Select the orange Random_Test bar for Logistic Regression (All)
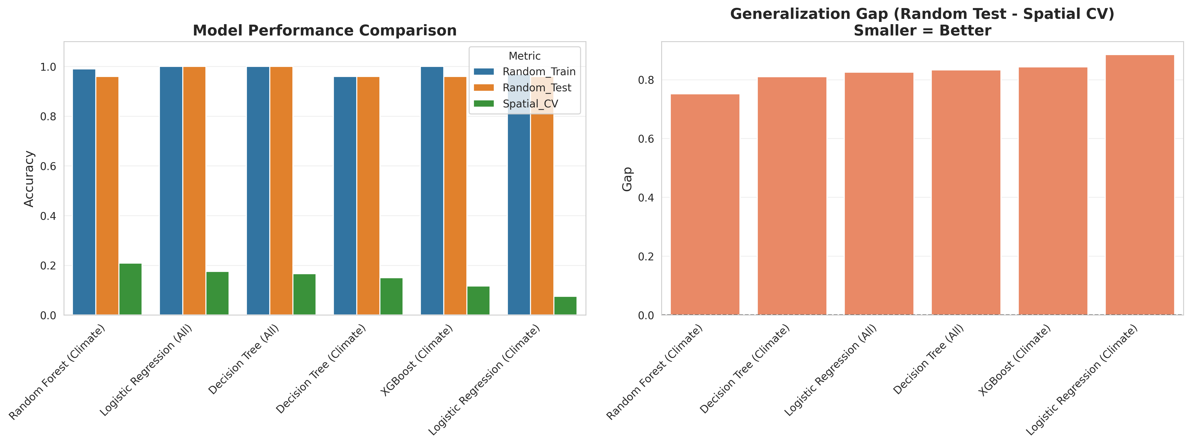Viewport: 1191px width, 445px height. (x=194, y=191)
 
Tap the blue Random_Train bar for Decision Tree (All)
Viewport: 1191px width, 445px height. (x=258, y=191)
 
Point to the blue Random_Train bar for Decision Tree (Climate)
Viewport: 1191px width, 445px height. (x=345, y=196)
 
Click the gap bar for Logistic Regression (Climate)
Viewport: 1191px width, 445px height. (x=1140, y=185)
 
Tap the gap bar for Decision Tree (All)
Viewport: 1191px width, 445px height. (x=966, y=192)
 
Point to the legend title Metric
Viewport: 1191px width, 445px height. (x=524, y=56)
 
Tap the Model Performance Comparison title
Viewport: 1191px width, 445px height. (x=325, y=30)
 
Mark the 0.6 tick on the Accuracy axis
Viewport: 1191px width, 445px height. (x=48, y=167)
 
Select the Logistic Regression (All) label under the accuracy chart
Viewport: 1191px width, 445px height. (x=146, y=370)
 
